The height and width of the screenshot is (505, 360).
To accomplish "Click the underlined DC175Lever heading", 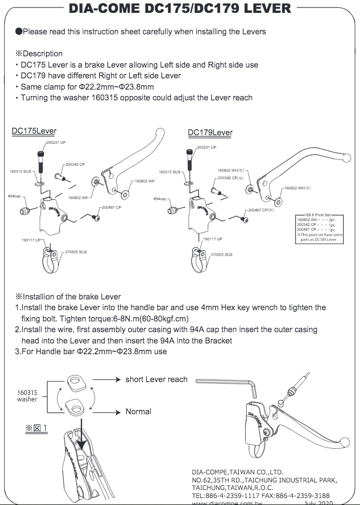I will tap(34, 131).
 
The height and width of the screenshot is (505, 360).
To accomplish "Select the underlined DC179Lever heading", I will tap(210, 133).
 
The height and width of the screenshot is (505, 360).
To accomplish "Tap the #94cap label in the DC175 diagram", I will tap(14, 197).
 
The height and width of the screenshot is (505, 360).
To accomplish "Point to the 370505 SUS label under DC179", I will tap(221, 254).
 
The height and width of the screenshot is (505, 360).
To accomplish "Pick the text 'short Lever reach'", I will tap(157, 379).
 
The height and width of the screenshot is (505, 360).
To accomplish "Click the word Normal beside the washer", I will tap(138, 412).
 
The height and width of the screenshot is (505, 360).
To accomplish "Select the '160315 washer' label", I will tap(27, 396).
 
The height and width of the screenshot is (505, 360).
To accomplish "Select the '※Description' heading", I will tap(39, 54).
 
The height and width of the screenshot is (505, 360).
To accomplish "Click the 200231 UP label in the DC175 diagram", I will tap(56, 142).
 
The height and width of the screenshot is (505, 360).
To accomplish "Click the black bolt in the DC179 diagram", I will tap(189, 160).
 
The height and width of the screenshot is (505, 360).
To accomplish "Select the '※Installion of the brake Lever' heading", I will tap(68, 296).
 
